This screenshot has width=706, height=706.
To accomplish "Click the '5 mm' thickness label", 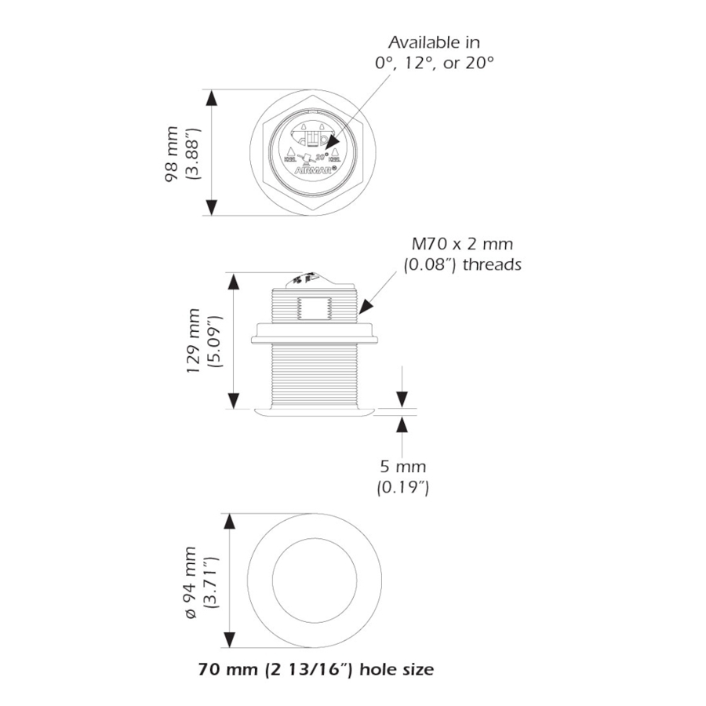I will coord(402,468).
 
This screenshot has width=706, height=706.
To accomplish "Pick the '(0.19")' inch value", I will coord(402,488).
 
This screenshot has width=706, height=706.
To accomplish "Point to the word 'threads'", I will coord(493,265).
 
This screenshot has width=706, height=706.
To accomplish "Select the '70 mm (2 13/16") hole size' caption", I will coord(316,670).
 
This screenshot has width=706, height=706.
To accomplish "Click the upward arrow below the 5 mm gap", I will coord(402,424).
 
